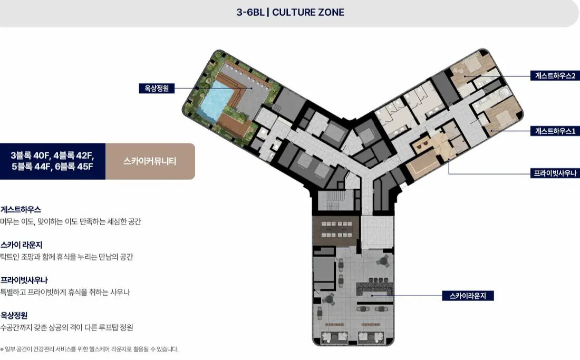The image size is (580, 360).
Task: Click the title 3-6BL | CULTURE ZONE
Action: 291,12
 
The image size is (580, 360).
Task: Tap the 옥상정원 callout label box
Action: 157,89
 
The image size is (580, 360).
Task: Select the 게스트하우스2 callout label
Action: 555,76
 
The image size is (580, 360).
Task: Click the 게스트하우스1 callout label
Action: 555,131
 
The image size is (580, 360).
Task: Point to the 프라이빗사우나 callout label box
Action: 555,173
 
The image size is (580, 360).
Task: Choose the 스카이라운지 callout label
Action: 468,296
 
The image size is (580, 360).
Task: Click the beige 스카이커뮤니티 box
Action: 150,161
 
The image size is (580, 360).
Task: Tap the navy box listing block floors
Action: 53,161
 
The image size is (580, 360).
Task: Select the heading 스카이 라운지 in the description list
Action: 22,245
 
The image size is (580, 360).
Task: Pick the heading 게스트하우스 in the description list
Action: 21,210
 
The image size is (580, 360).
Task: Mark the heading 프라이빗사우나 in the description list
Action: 24,280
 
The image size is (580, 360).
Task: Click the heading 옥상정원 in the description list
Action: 14,315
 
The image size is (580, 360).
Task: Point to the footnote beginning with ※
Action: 90,349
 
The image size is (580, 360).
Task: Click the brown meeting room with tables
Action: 336,230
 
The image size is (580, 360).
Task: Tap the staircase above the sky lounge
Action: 332,200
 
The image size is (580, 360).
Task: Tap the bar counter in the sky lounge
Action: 374,289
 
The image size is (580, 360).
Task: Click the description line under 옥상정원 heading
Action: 67,327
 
